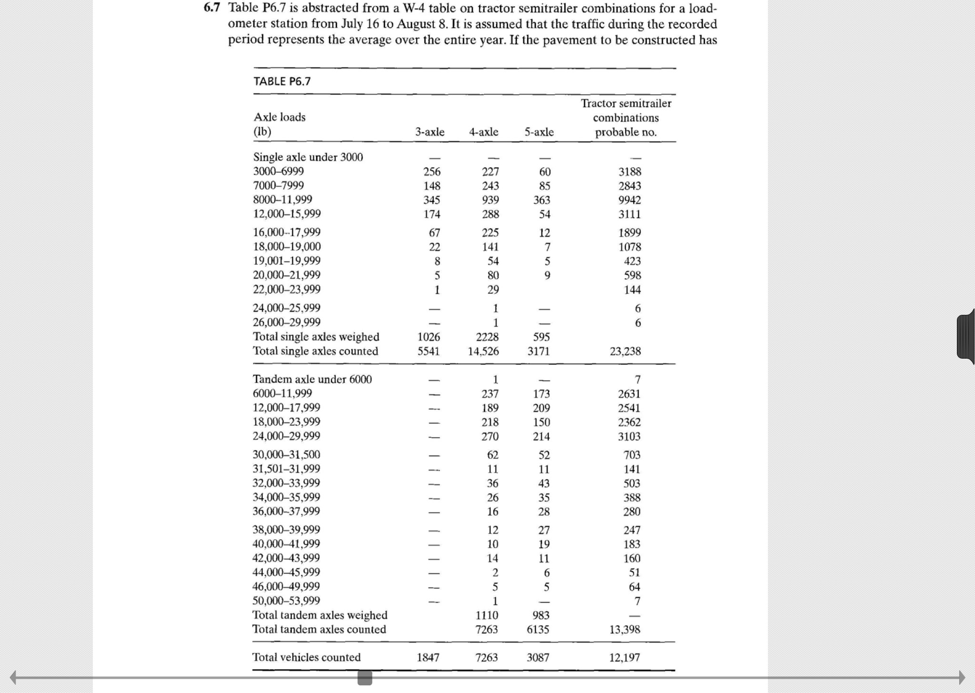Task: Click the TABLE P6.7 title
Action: click(282, 81)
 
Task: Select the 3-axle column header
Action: click(429, 132)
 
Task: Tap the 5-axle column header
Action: click(539, 132)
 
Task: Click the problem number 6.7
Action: click(212, 8)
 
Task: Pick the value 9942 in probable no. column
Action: click(629, 200)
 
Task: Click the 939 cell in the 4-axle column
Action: click(490, 200)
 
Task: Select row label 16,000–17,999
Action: click(287, 232)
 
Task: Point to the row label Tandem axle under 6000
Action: click(312, 379)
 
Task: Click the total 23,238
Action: click(625, 352)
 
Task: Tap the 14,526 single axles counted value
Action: click(483, 352)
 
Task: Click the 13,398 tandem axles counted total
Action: click(625, 630)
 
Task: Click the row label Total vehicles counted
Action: click(307, 657)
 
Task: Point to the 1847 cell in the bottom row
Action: click(428, 658)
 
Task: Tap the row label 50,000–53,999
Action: click(286, 601)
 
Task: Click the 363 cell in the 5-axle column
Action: click(542, 200)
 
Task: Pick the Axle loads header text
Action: click(279, 117)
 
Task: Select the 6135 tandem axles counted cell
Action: click(538, 630)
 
